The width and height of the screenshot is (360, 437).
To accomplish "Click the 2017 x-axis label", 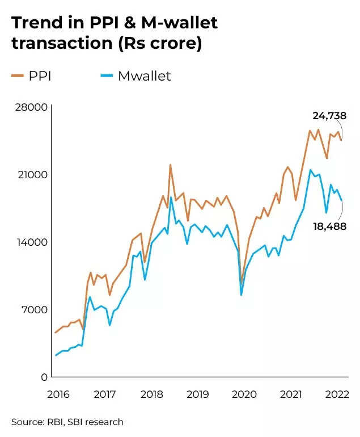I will [x=104, y=394].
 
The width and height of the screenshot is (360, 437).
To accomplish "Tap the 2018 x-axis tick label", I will [x=151, y=394].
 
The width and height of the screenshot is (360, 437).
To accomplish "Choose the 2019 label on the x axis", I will [x=197, y=394].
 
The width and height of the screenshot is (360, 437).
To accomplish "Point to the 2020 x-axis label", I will [x=244, y=394].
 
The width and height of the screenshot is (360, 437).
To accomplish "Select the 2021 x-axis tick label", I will [x=291, y=394].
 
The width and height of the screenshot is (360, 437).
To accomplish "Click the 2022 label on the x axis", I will [x=337, y=394].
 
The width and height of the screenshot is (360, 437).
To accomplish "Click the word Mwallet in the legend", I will [x=144, y=76].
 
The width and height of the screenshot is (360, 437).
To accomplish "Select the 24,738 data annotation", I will [x=329, y=116].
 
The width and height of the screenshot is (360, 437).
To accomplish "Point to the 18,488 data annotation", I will [x=329, y=226].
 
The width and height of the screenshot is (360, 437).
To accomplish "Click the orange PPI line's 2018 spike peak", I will [x=170, y=165].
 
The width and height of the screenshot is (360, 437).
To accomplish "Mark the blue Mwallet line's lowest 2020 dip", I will [x=242, y=295].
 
